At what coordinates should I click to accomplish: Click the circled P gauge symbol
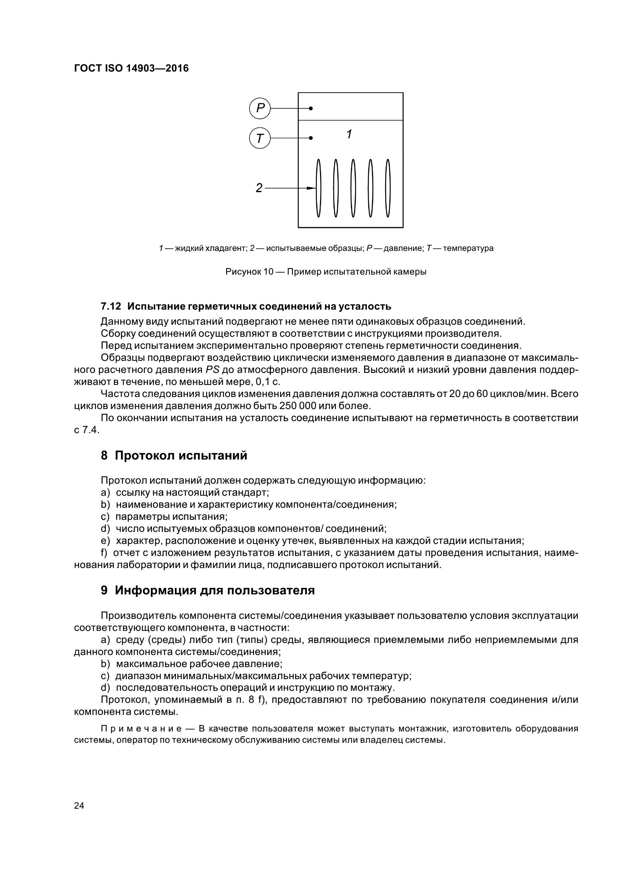[x=260, y=108]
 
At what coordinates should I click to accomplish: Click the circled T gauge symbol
[x=260, y=138]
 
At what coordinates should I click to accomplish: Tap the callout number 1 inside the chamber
[x=349, y=134]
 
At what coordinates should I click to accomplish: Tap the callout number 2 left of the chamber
[x=259, y=188]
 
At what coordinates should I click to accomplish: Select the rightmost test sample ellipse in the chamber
[x=388, y=188]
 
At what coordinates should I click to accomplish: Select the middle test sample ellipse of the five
[x=353, y=188]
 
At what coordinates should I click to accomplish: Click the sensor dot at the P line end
[x=311, y=108]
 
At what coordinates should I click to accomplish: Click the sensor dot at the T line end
[x=311, y=138]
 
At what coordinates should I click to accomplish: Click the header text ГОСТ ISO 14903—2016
[x=131, y=69]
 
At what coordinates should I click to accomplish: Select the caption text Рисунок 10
[x=249, y=272]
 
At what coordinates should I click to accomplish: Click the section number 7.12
[x=110, y=307]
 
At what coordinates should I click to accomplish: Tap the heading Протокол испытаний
[x=181, y=456]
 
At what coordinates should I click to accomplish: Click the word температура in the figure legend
[x=468, y=248]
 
